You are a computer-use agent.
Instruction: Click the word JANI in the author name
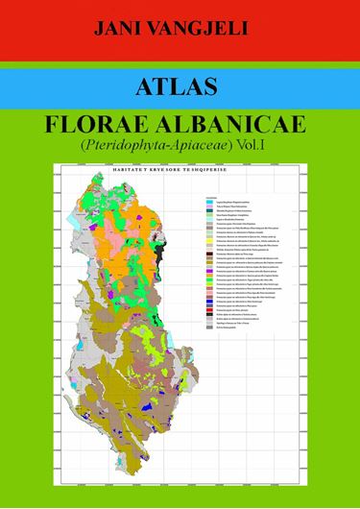click(x=117, y=31)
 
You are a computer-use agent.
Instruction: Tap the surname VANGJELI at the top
click(x=204, y=31)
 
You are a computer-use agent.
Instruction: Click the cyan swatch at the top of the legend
click(x=209, y=203)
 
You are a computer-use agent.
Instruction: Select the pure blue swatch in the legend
click(x=209, y=302)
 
